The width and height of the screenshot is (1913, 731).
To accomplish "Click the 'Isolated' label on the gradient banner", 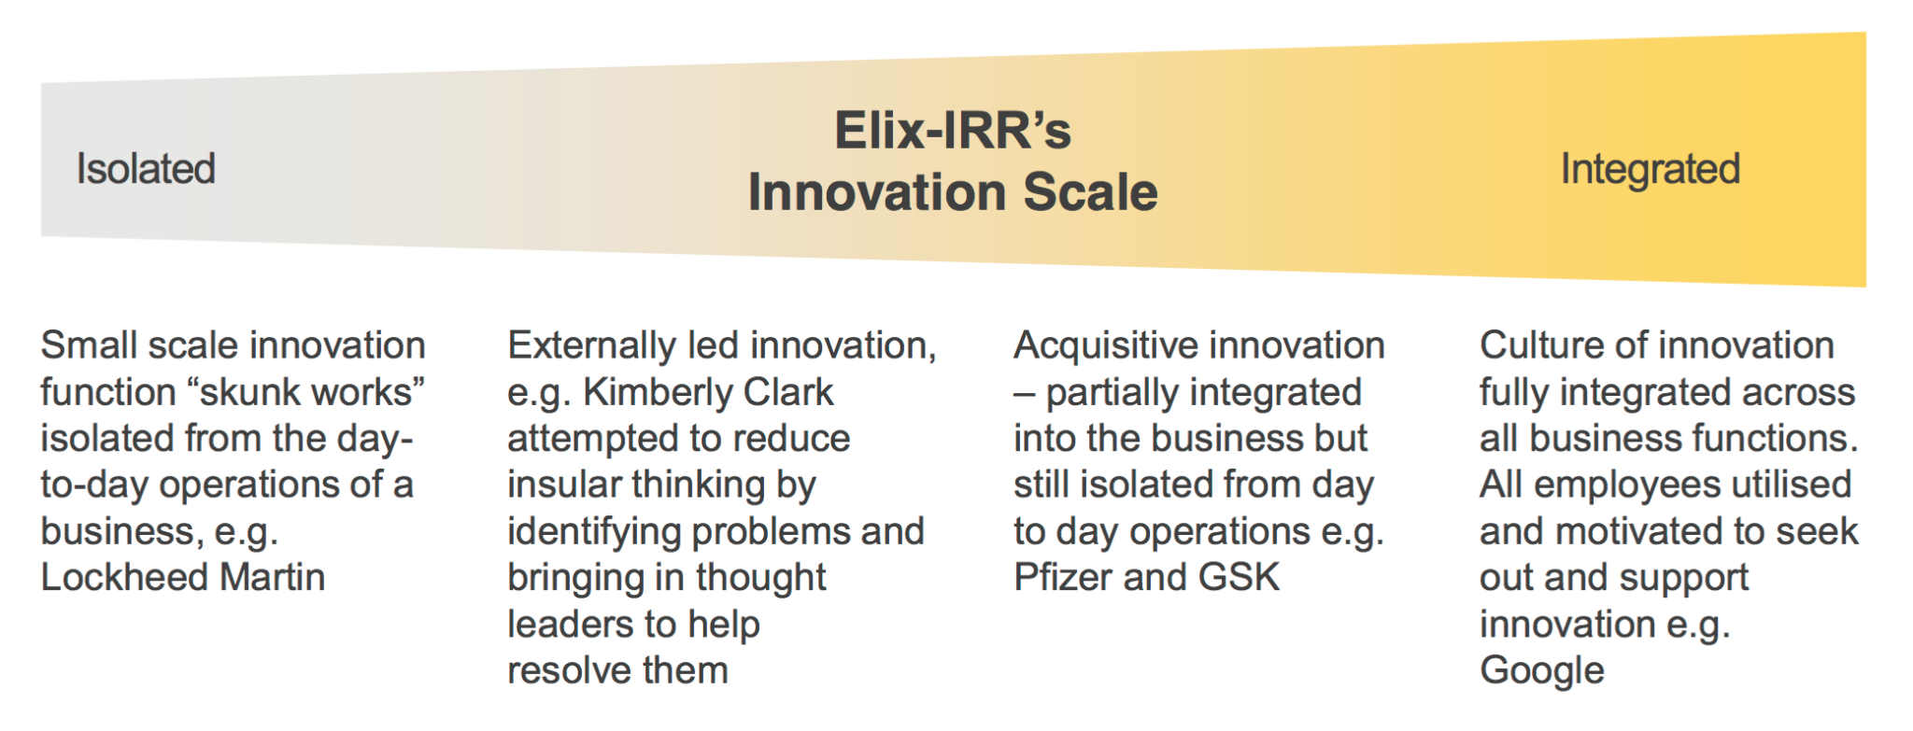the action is click(x=146, y=169).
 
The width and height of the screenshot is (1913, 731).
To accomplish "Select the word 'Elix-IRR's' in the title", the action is click(x=953, y=130).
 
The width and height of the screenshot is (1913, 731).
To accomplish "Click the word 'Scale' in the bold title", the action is click(x=1090, y=192).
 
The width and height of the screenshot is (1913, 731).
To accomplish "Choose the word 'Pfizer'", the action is click(x=1063, y=577).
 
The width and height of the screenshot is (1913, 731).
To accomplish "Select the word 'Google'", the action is click(x=1542, y=671).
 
